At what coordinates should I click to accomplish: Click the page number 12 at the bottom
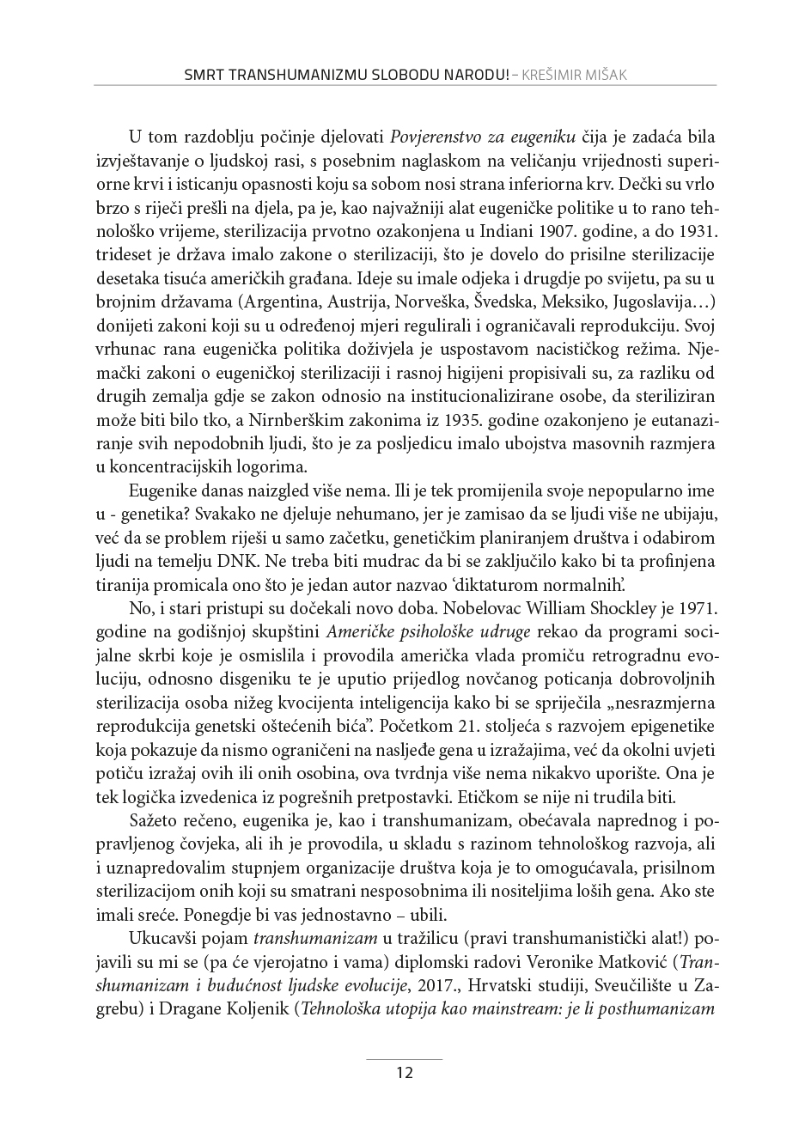pos(405,1072)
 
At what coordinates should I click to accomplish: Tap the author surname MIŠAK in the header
pos(604,75)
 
